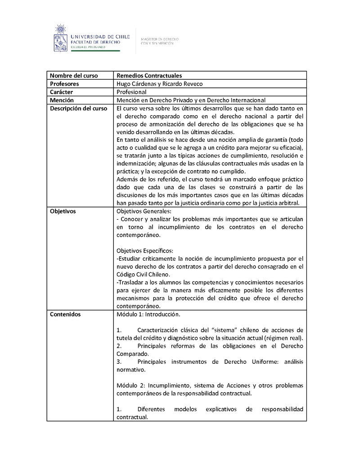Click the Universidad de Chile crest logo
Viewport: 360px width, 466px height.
pyautogui.click(x=59, y=38)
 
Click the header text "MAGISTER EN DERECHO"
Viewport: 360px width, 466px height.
pyautogui.click(x=160, y=39)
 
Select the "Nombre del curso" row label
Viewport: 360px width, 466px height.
pyautogui.click(x=74, y=76)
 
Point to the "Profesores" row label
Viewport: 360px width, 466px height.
pyautogui.click(x=64, y=84)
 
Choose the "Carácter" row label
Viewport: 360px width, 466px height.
pyautogui.click(x=62, y=92)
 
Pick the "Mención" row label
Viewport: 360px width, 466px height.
pyautogui.click(x=62, y=100)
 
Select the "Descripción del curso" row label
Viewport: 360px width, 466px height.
pyautogui.click(x=78, y=108)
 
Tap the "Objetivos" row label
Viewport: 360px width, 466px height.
pyautogui.click(x=63, y=211)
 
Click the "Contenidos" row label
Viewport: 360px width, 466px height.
pyautogui.click(x=65, y=314)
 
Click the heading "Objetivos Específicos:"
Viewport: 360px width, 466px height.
pyautogui.click(x=145, y=250)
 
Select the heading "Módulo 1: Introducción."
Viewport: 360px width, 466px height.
pyautogui.click(x=148, y=314)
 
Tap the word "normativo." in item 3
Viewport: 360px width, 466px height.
pyautogui.click(x=131, y=370)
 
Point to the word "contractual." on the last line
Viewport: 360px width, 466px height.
pyautogui.click(x=132, y=417)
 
